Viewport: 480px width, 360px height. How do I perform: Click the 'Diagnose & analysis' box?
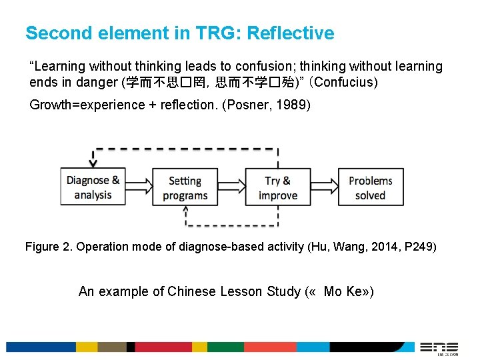[93, 187]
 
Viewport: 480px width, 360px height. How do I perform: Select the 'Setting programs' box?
[185, 187]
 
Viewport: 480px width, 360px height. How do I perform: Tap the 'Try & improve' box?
[278, 187]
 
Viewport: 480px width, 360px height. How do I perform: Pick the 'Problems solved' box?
[370, 187]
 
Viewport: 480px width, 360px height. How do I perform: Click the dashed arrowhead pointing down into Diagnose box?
[93, 162]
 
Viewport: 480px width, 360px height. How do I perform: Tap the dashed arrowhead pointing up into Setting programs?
[185, 210]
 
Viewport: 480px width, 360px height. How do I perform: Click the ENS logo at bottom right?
[439, 347]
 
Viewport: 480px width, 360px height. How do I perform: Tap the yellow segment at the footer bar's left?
[87, 347]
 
